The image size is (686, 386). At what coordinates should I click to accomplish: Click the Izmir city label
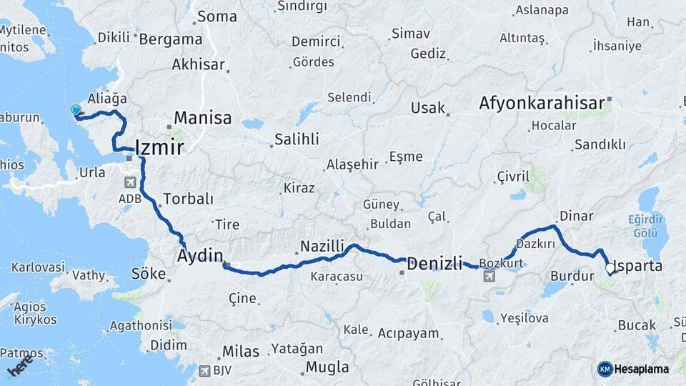(x=159, y=148)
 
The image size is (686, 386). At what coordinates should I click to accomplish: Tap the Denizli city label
(x=434, y=264)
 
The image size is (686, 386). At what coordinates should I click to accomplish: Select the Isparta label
(x=638, y=266)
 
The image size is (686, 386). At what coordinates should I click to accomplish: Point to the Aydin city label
(x=200, y=255)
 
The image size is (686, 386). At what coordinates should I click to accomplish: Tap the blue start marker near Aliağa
(x=76, y=110)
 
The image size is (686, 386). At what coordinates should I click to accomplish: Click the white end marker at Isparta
(x=610, y=269)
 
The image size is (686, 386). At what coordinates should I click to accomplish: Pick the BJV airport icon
(x=205, y=370)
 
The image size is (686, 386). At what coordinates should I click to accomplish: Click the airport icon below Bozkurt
(x=489, y=276)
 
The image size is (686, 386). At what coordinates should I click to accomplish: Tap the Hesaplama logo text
(x=642, y=370)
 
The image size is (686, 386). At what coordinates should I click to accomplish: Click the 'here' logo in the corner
(x=20, y=366)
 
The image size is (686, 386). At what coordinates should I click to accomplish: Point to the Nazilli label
(x=322, y=246)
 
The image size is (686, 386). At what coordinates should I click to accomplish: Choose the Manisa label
(x=203, y=118)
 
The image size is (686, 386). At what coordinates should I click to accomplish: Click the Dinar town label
(x=576, y=215)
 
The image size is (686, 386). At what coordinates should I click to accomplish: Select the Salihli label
(x=297, y=139)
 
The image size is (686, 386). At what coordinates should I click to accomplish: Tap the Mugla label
(x=327, y=367)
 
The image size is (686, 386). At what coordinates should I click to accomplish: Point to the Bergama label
(x=170, y=39)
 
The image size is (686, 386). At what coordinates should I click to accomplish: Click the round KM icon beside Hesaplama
(x=605, y=370)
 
